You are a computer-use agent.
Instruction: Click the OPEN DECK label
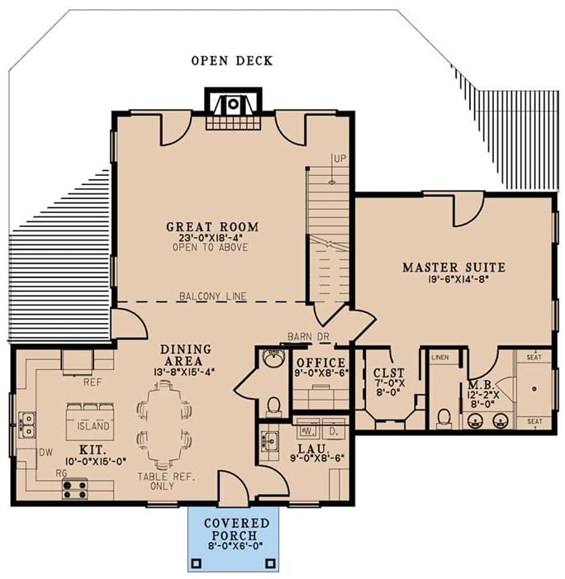coord(231,60)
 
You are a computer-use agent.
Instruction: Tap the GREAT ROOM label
coord(212,226)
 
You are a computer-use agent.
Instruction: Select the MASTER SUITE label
coord(453,267)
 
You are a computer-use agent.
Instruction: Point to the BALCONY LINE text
coord(212,296)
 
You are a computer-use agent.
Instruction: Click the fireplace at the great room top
coord(233,105)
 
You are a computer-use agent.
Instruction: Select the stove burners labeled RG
coord(75,489)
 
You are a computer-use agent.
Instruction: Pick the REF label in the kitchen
coord(92,382)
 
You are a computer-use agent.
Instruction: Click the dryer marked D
coord(333,430)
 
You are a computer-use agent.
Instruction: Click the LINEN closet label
coord(439,356)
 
